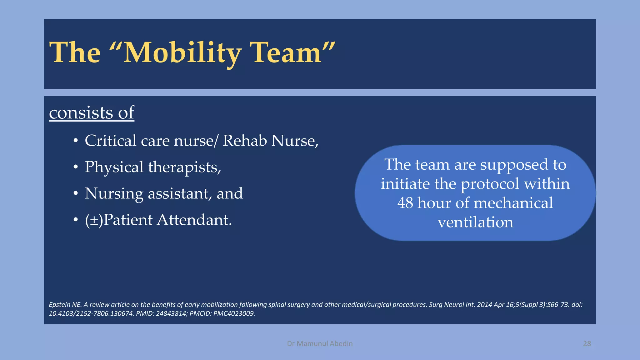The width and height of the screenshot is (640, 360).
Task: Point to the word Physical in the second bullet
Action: (114, 167)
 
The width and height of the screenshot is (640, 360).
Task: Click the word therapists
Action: (184, 167)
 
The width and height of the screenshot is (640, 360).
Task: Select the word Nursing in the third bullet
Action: (114, 194)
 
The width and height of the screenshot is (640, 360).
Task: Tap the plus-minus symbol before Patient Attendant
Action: (94, 220)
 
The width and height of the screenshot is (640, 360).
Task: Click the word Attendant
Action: (194, 220)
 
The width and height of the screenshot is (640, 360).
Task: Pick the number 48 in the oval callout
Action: (405, 203)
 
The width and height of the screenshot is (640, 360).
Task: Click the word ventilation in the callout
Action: (475, 222)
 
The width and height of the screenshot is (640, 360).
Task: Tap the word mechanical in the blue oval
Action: (513, 203)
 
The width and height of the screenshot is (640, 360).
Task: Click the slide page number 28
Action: (587, 344)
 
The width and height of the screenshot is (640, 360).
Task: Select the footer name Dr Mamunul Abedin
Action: (320, 344)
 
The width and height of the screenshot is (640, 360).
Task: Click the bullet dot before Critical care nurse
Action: (75, 141)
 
